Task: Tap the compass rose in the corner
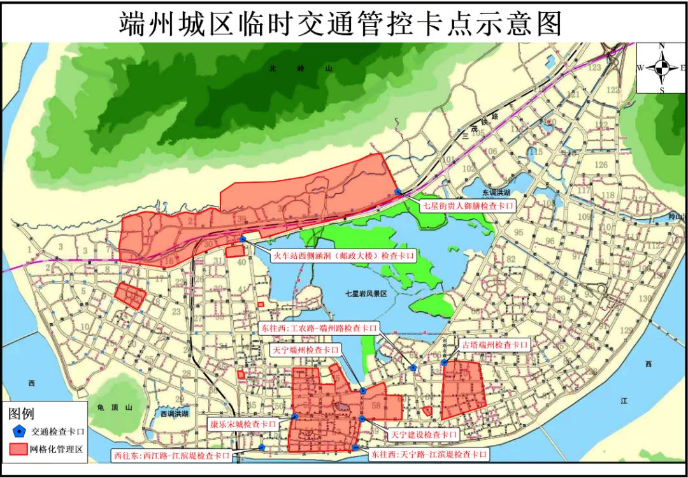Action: [662, 68]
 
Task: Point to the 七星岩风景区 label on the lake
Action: [370, 293]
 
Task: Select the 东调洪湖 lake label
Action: [497, 191]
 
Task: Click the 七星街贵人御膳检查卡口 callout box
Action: [468, 206]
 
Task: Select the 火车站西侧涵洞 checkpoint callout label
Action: [344, 255]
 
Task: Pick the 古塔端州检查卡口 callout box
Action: [494, 345]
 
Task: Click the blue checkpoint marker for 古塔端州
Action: [444, 363]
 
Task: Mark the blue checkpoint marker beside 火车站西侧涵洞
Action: [243, 239]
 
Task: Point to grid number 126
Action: [600, 165]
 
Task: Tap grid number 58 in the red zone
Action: [376, 405]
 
